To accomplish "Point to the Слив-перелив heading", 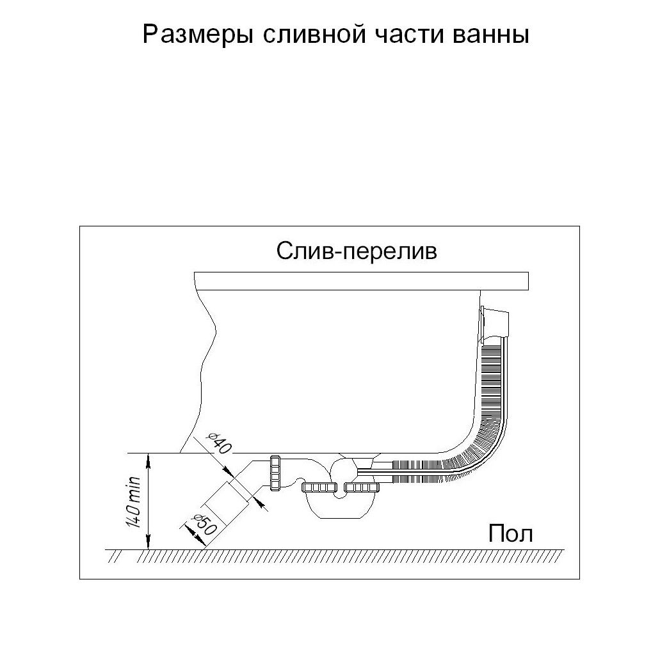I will point(357,251).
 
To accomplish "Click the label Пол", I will point(510,533).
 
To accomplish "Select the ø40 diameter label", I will point(218,442).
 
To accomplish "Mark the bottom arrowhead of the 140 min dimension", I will point(148,544).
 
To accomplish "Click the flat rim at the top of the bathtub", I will point(360,281).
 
